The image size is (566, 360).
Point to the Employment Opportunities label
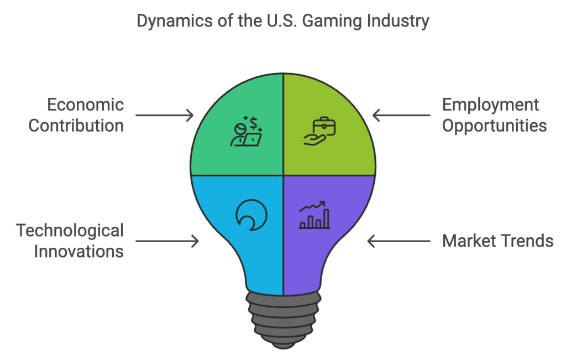[x=494, y=115]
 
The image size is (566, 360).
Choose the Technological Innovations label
[x=70, y=241]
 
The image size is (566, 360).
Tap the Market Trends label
[x=497, y=241]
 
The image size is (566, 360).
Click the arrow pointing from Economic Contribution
[x=165, y=116]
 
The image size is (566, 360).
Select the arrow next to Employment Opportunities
[x=401, y=116]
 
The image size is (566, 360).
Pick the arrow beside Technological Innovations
[x=167, y=241]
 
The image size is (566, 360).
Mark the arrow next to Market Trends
[x=399, y=241]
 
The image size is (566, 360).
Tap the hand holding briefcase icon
[x=320, y=131]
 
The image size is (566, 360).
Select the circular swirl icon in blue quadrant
[x=251, y=215]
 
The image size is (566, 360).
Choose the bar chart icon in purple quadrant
[x=315, y=216]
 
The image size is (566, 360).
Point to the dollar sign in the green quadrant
[x=254, y=122]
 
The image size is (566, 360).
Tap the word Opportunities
[x=494, y=126]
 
